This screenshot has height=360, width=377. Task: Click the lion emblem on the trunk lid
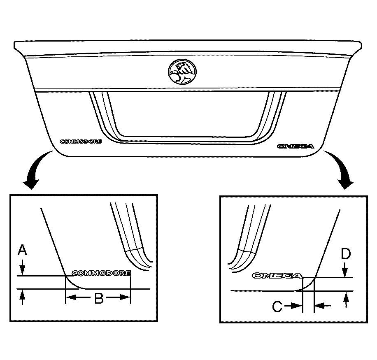[182, 72]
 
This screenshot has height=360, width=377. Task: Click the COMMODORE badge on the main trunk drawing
[81, 142]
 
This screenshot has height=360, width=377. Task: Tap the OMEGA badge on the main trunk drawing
[296, 146]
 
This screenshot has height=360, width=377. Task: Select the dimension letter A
[22, 250]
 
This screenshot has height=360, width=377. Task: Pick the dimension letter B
[99, 298]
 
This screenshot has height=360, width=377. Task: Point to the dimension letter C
[277, 307]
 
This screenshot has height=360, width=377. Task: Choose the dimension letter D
[346, 254]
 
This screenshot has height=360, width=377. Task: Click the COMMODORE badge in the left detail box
[102, 273]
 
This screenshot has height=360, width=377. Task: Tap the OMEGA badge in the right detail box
[277, 275]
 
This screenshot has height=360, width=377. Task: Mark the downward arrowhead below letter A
[22, 270]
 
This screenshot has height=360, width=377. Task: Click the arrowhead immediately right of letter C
[296, 306]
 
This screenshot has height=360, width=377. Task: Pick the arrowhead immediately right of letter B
[125, 297]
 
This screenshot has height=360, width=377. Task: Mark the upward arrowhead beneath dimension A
[22, 295]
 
